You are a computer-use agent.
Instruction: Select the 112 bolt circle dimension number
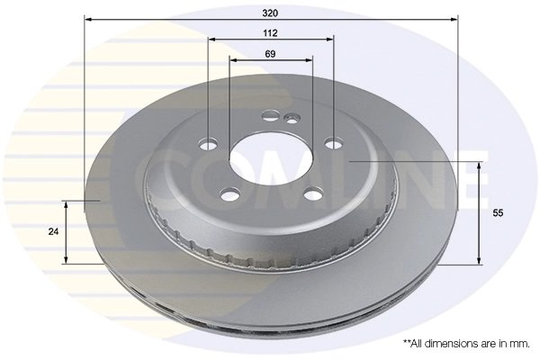(x=270, y=32)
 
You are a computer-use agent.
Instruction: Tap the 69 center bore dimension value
(x=270, y=54)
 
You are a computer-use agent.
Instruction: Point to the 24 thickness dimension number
(x=53, y=231)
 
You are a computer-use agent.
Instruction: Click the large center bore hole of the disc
(x=268, y=159)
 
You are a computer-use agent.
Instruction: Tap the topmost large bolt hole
(x=272, y=116)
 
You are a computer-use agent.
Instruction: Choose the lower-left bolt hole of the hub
(x=230, y=192)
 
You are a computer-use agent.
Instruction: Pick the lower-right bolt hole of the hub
(x=312, y=193)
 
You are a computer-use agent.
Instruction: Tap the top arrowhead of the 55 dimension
(x=479, y=166)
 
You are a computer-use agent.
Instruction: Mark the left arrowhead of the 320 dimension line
(x=88, y=18)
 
